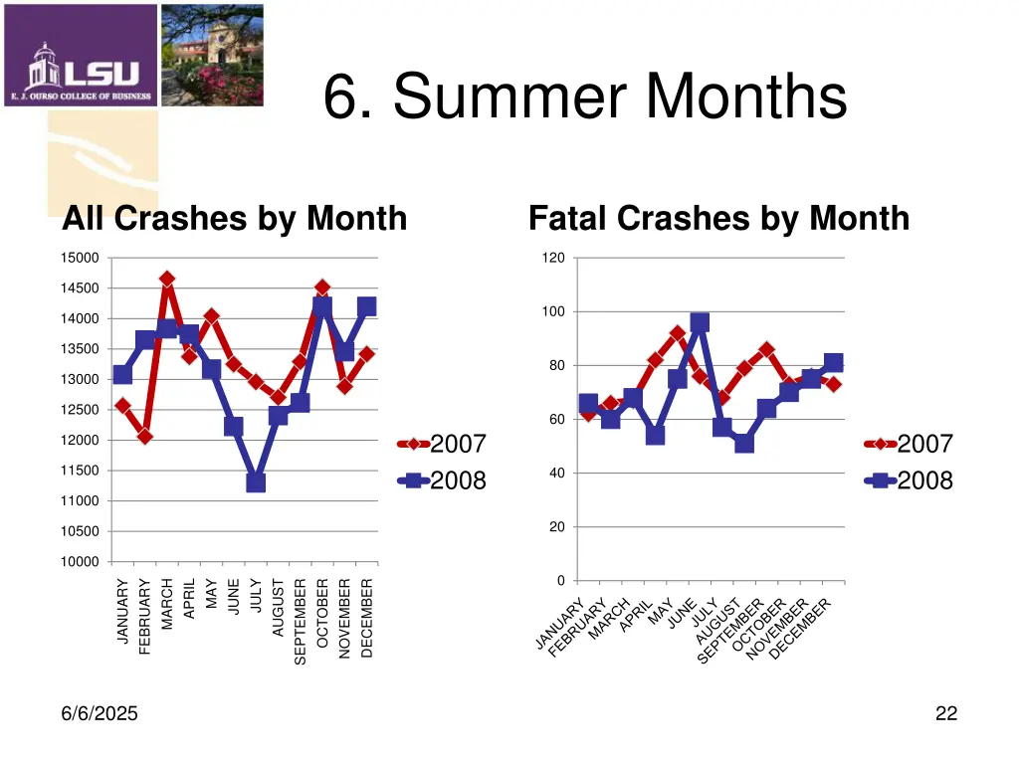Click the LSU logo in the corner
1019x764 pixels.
point(81,56)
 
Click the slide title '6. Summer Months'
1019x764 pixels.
point(585,98)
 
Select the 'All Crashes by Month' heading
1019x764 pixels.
point(235,218)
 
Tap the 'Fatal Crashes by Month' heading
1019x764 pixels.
point(718,218)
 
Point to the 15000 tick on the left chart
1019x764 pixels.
point(81,259)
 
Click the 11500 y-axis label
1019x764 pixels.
point(81,471)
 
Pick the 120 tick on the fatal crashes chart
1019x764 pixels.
point(553,259)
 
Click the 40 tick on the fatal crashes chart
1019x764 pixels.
point(556,474)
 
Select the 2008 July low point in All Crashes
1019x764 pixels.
point(256,482)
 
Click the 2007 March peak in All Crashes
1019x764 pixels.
point(167,280)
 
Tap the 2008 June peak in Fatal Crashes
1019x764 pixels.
point(700,322)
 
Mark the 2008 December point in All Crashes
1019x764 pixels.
point(366,307)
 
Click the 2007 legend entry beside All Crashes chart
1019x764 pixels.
point(443,444)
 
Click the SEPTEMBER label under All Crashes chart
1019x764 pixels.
point(301,622)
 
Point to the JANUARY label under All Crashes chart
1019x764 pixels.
point(123,612)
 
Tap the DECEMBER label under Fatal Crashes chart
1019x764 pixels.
point(801,628)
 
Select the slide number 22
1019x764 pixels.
point(946,713)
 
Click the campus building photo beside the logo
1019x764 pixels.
point(212,55)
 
